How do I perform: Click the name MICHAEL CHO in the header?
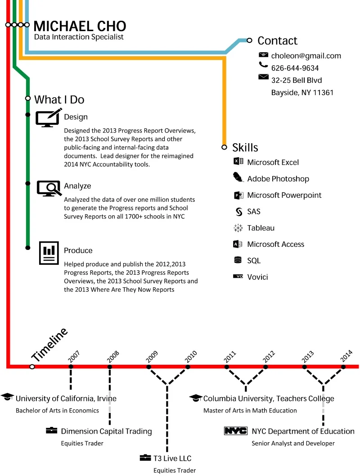tap(80, 26)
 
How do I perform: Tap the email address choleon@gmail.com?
tap(306, 56)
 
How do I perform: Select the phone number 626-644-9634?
tap(295, 68)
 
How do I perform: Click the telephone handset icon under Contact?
tap(263, 65)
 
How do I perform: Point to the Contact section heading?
tap(277, 41)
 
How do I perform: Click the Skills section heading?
tap(245, 147)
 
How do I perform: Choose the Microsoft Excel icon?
tap(238, 162)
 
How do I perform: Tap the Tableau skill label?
tap(261, 228)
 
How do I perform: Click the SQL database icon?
tap(238, 260)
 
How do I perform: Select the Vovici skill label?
tap(257, 277)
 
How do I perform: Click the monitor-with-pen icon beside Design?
tap(47, 118)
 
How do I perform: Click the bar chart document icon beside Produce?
tap(49, 253)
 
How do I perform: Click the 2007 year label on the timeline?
tap(74, 357)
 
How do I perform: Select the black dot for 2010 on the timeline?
tap(188, 367)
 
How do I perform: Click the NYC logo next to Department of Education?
tap(235, 431)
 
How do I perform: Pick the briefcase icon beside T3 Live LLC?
tap(145, 458)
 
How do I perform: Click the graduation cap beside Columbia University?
tap(196, 398)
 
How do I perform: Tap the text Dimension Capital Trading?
tap(106, 431)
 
